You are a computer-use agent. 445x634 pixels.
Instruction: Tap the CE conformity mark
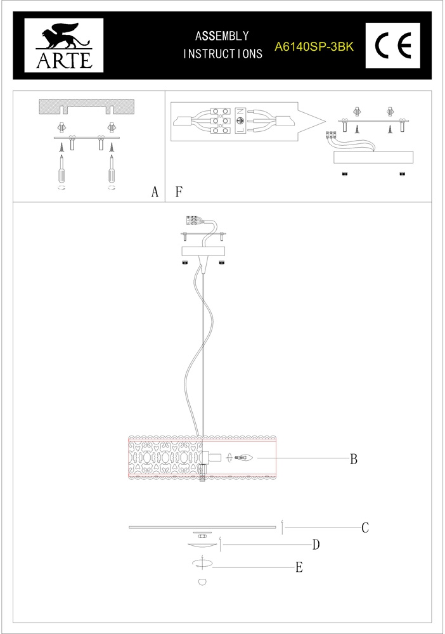(x=393, y=46)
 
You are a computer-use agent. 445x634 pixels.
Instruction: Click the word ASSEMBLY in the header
(x=222, y=36)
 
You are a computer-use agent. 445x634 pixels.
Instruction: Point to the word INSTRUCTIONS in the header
(x=222, y=55)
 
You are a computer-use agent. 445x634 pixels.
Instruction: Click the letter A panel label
(x=155, y=192)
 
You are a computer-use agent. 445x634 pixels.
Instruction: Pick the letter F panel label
(x=179, y=191)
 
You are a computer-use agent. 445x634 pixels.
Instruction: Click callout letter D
(x=315, y=545)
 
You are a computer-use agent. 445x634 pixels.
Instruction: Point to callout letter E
(x=299, y=567)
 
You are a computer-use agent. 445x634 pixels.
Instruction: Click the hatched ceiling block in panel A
(x=87, y=106)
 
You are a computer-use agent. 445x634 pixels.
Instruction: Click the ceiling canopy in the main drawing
(x=203, y=251)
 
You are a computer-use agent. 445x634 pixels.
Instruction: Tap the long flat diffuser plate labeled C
(x=203, y=527)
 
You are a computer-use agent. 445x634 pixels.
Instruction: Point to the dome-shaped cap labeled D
(x=202, y=545)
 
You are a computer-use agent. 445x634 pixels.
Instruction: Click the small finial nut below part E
(x=202, y=581)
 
